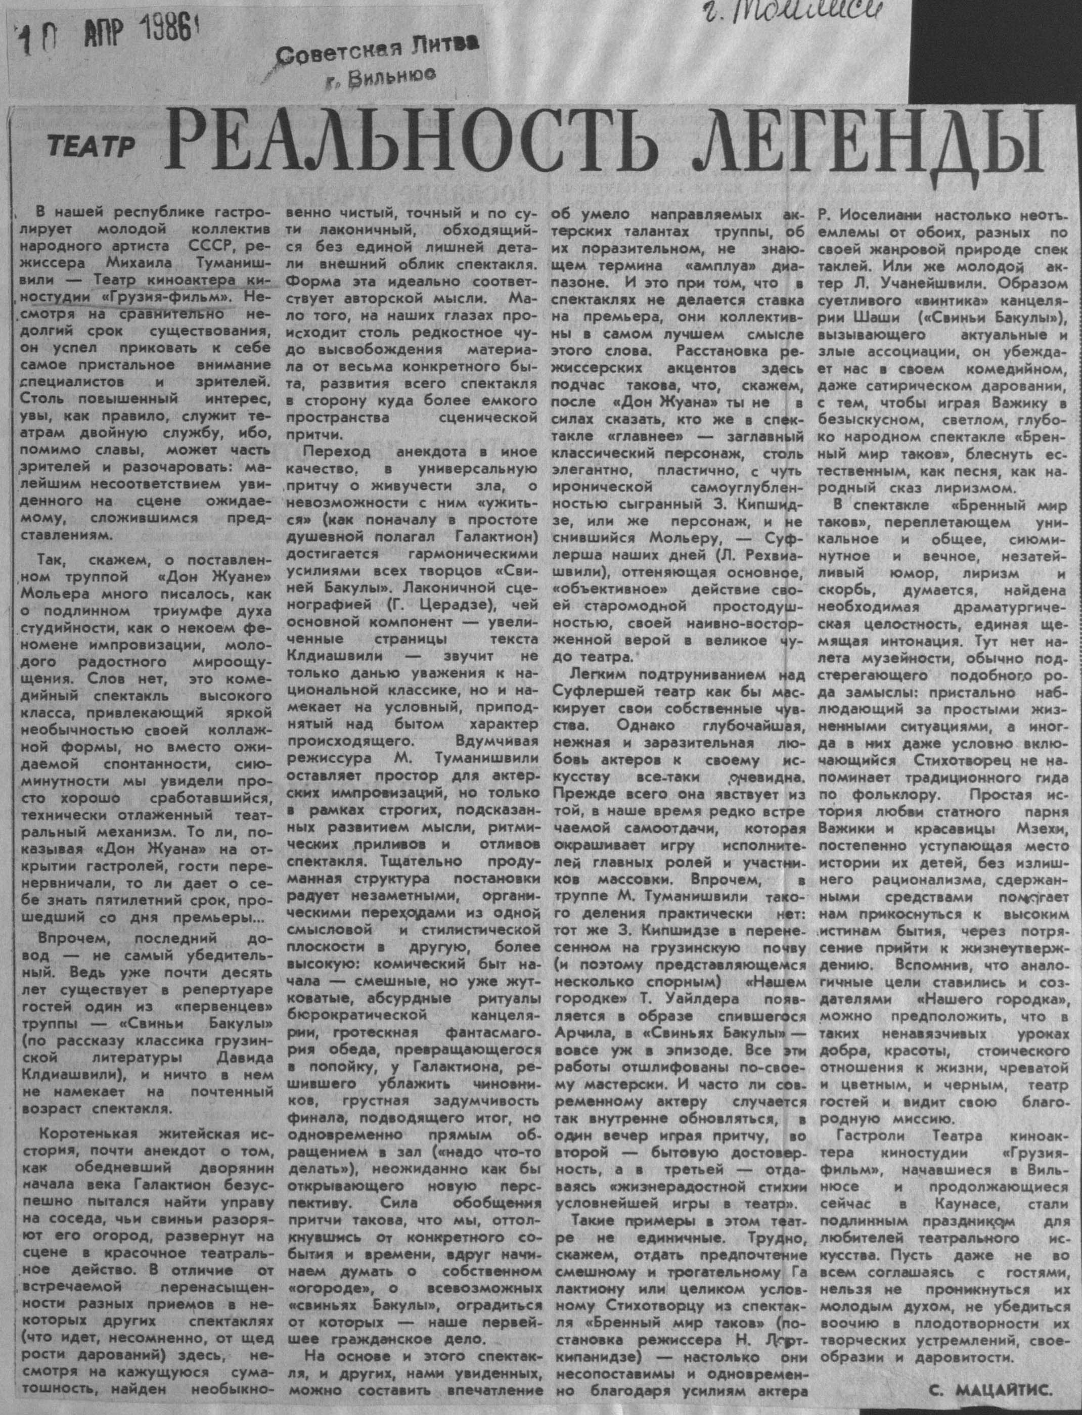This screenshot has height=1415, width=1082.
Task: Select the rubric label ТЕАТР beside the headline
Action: click(90, 148)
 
